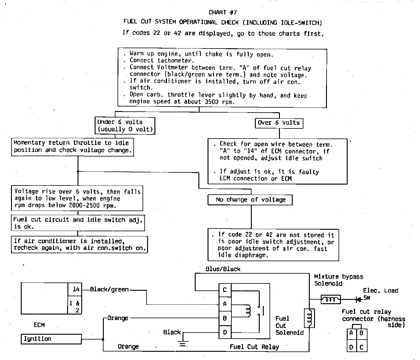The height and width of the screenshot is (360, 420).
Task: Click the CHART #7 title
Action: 223,12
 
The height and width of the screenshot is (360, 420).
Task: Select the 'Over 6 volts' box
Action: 279,123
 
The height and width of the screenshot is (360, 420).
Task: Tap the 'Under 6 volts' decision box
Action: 125,126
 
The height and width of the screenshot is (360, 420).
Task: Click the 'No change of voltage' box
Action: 250,200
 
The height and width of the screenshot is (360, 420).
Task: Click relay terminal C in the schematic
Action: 225,290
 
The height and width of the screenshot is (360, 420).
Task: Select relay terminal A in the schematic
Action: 225,304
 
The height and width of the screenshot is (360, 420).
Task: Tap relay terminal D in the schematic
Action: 225,332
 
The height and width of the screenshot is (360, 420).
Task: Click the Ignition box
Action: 51,339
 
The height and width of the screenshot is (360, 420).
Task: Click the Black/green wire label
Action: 109,290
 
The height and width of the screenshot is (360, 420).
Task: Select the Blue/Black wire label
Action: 223,269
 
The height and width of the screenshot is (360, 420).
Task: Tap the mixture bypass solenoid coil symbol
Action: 331,299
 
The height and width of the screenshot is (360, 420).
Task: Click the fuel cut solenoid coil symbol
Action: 309,318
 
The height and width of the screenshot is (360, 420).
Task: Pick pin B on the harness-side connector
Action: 361,333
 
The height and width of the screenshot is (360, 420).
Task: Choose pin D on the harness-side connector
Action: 351,347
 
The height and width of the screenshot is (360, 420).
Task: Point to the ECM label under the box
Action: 39,325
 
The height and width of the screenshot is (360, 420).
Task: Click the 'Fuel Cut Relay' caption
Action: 254,347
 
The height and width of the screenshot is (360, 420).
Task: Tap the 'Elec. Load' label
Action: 380,291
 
